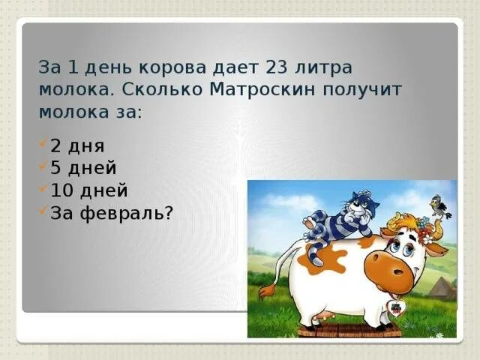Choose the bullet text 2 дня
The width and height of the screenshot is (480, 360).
click(77, 145)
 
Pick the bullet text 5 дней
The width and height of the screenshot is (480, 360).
click(83, 167)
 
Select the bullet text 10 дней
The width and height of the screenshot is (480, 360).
click(89, 190)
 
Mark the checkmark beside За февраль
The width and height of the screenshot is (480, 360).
click(43, 211)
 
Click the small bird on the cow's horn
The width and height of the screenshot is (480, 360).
click(437, 205)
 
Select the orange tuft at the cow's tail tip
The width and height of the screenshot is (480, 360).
click(264, 289)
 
